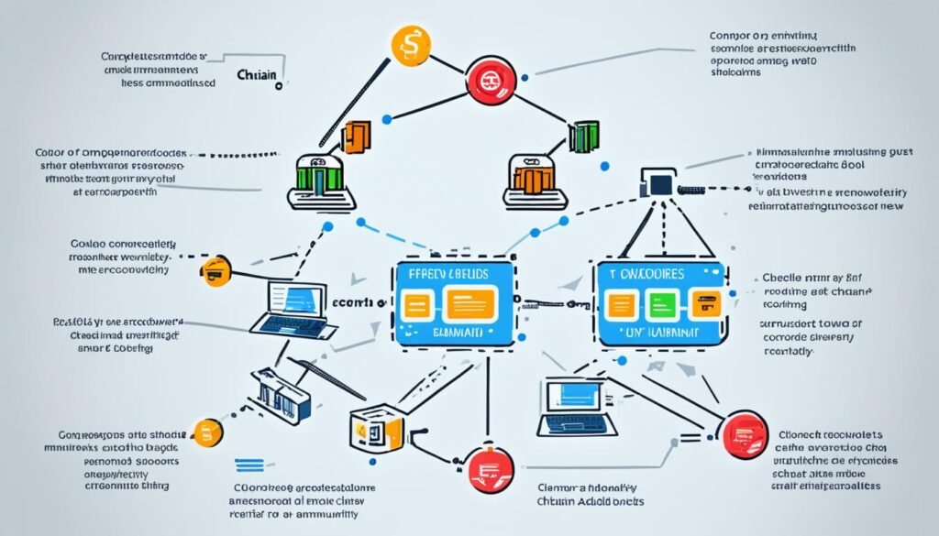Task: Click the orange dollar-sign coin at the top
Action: [410, 47]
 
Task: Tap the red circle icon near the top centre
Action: [487, 82]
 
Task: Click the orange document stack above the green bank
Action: [356, 136]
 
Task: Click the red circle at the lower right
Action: [743, 433]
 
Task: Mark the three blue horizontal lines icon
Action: [249, 465]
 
